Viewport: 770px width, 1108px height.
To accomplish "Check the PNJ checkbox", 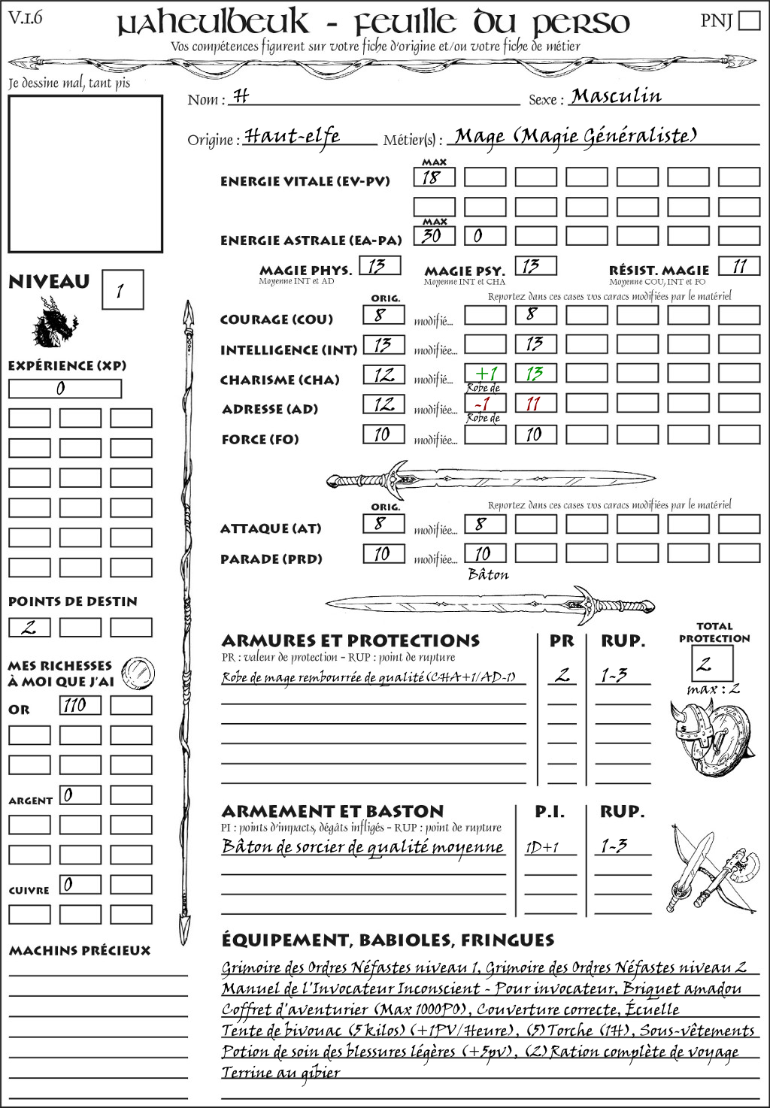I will click(x=749, y=20).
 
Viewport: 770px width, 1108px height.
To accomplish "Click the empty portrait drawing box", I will click(x=85, y=174).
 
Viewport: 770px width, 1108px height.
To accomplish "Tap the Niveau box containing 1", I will click(x=122, y=290).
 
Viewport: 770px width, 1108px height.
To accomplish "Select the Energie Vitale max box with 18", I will click(x=434, y=177).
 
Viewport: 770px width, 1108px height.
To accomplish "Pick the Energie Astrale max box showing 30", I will click(x=434, y=236).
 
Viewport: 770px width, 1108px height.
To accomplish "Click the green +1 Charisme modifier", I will click(x=485, y=374).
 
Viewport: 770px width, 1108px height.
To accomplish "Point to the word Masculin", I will click(x=616, y=96).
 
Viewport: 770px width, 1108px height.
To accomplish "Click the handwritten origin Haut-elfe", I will click(x=292, y=136).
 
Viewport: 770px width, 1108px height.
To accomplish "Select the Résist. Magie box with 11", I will click(x=739, y=266).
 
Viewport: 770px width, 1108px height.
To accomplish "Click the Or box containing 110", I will click(x=80, y=705).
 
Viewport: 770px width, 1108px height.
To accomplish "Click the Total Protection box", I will click(x=711, y=663).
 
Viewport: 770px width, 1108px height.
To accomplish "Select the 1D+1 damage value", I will click(x=542, y=848).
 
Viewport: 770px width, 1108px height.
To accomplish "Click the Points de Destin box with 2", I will click(x=29, y=627).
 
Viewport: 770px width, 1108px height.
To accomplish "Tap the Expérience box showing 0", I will click(x=65, y=389).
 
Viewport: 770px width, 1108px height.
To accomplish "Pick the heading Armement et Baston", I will click(x=332, y=812).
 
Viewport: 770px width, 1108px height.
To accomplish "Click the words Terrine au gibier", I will click(x=281, y=1073).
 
